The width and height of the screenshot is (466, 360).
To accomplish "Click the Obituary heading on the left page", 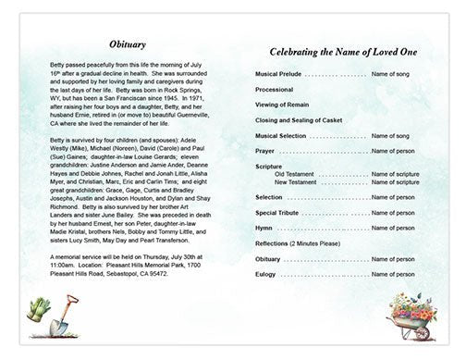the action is pos(126,43).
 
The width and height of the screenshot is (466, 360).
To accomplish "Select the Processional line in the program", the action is pos(276,89).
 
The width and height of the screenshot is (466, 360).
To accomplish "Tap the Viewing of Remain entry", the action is pos(281,105).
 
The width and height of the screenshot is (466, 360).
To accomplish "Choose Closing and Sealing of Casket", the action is pos(300,120).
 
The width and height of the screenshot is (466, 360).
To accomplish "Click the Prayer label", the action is pos(265,151).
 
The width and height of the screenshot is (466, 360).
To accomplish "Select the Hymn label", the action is pos(264,227).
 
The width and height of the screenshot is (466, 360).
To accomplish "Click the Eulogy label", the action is pos(265,274).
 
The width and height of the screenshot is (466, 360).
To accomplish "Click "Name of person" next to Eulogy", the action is pos(392,274).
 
